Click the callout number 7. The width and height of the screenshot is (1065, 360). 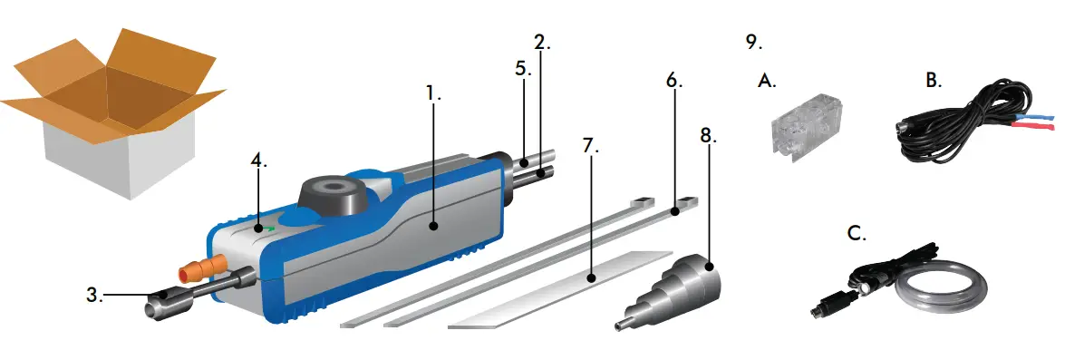592,146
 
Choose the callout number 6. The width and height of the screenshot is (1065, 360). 673,80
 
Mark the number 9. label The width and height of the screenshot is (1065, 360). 753,41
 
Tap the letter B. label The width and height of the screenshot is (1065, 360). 934,80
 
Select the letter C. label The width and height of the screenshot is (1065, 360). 855,234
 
